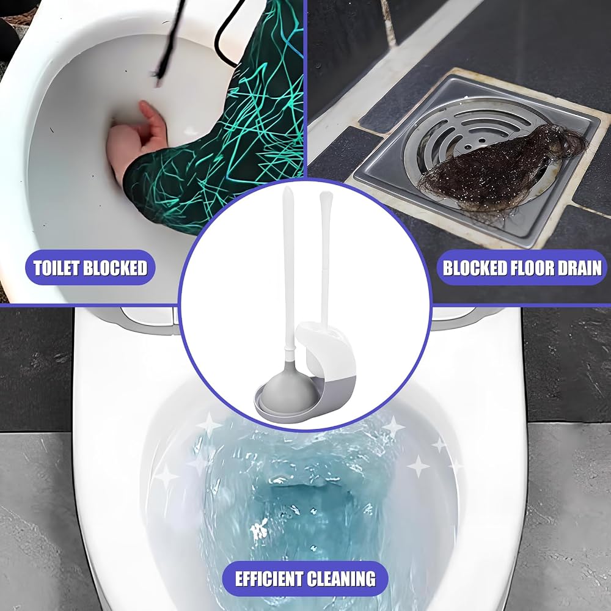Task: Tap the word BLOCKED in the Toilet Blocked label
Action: (x=115, y=268)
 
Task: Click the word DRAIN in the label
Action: (x=582, y=268)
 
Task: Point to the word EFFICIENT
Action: (x=269, y=579)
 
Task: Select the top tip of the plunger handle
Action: (x=288, y=187)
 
